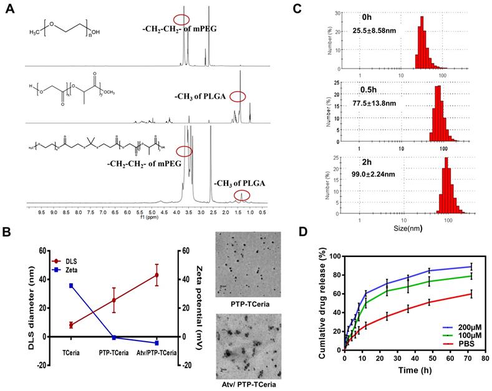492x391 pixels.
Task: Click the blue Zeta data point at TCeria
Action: click(71, 286)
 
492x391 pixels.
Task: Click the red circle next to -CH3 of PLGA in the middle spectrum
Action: click(238, 96)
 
